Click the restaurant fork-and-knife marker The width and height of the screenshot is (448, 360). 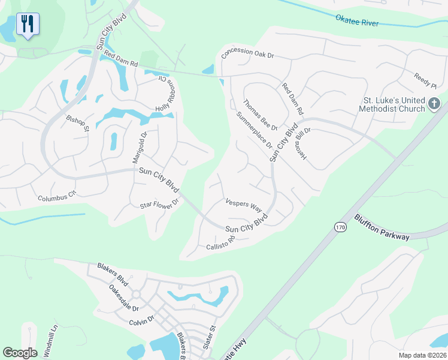[x=28, y=25]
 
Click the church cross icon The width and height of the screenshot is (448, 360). [x=434, y=105]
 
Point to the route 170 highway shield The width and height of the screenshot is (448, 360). [x=340, y=227]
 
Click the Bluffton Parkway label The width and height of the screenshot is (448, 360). [x=382, y=227]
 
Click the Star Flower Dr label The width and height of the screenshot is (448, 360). [x=159, y=205]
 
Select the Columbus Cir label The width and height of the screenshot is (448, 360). [x=57, y=196]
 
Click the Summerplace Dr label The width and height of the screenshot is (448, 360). [x=254, y=130]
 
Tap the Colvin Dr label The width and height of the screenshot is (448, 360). [x=143, y=322]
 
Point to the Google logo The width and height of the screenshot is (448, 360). [x=20, y=353]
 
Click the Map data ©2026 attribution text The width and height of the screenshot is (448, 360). [x=422, y=355]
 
